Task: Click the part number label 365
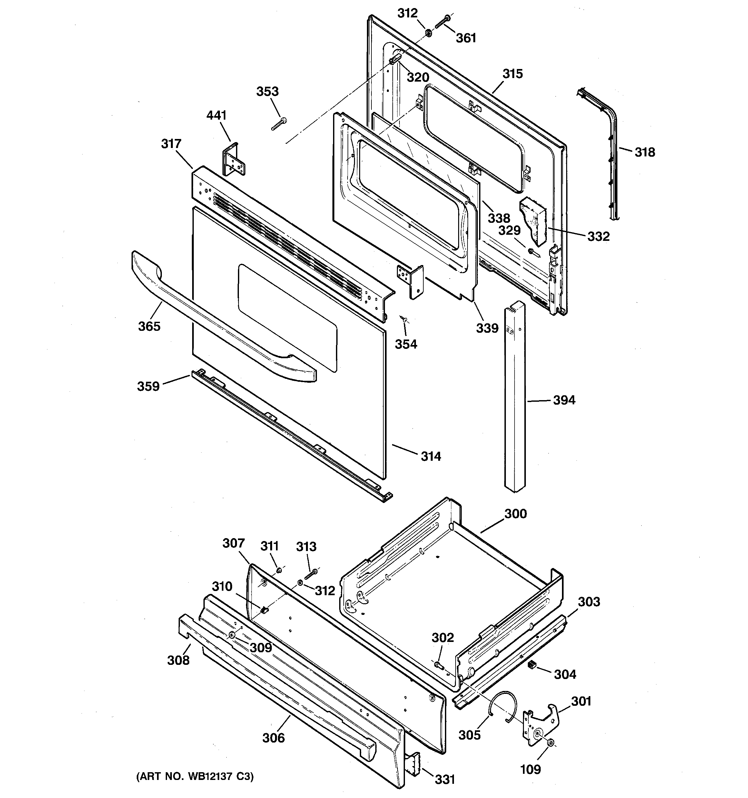click(149, 326)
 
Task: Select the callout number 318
click(645, 152)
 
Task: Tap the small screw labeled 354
click(404, 319)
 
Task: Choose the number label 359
click(148, 386)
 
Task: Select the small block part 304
click(532, 665)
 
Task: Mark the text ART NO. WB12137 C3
click(195, 776)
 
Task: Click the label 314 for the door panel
click(430, 457)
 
